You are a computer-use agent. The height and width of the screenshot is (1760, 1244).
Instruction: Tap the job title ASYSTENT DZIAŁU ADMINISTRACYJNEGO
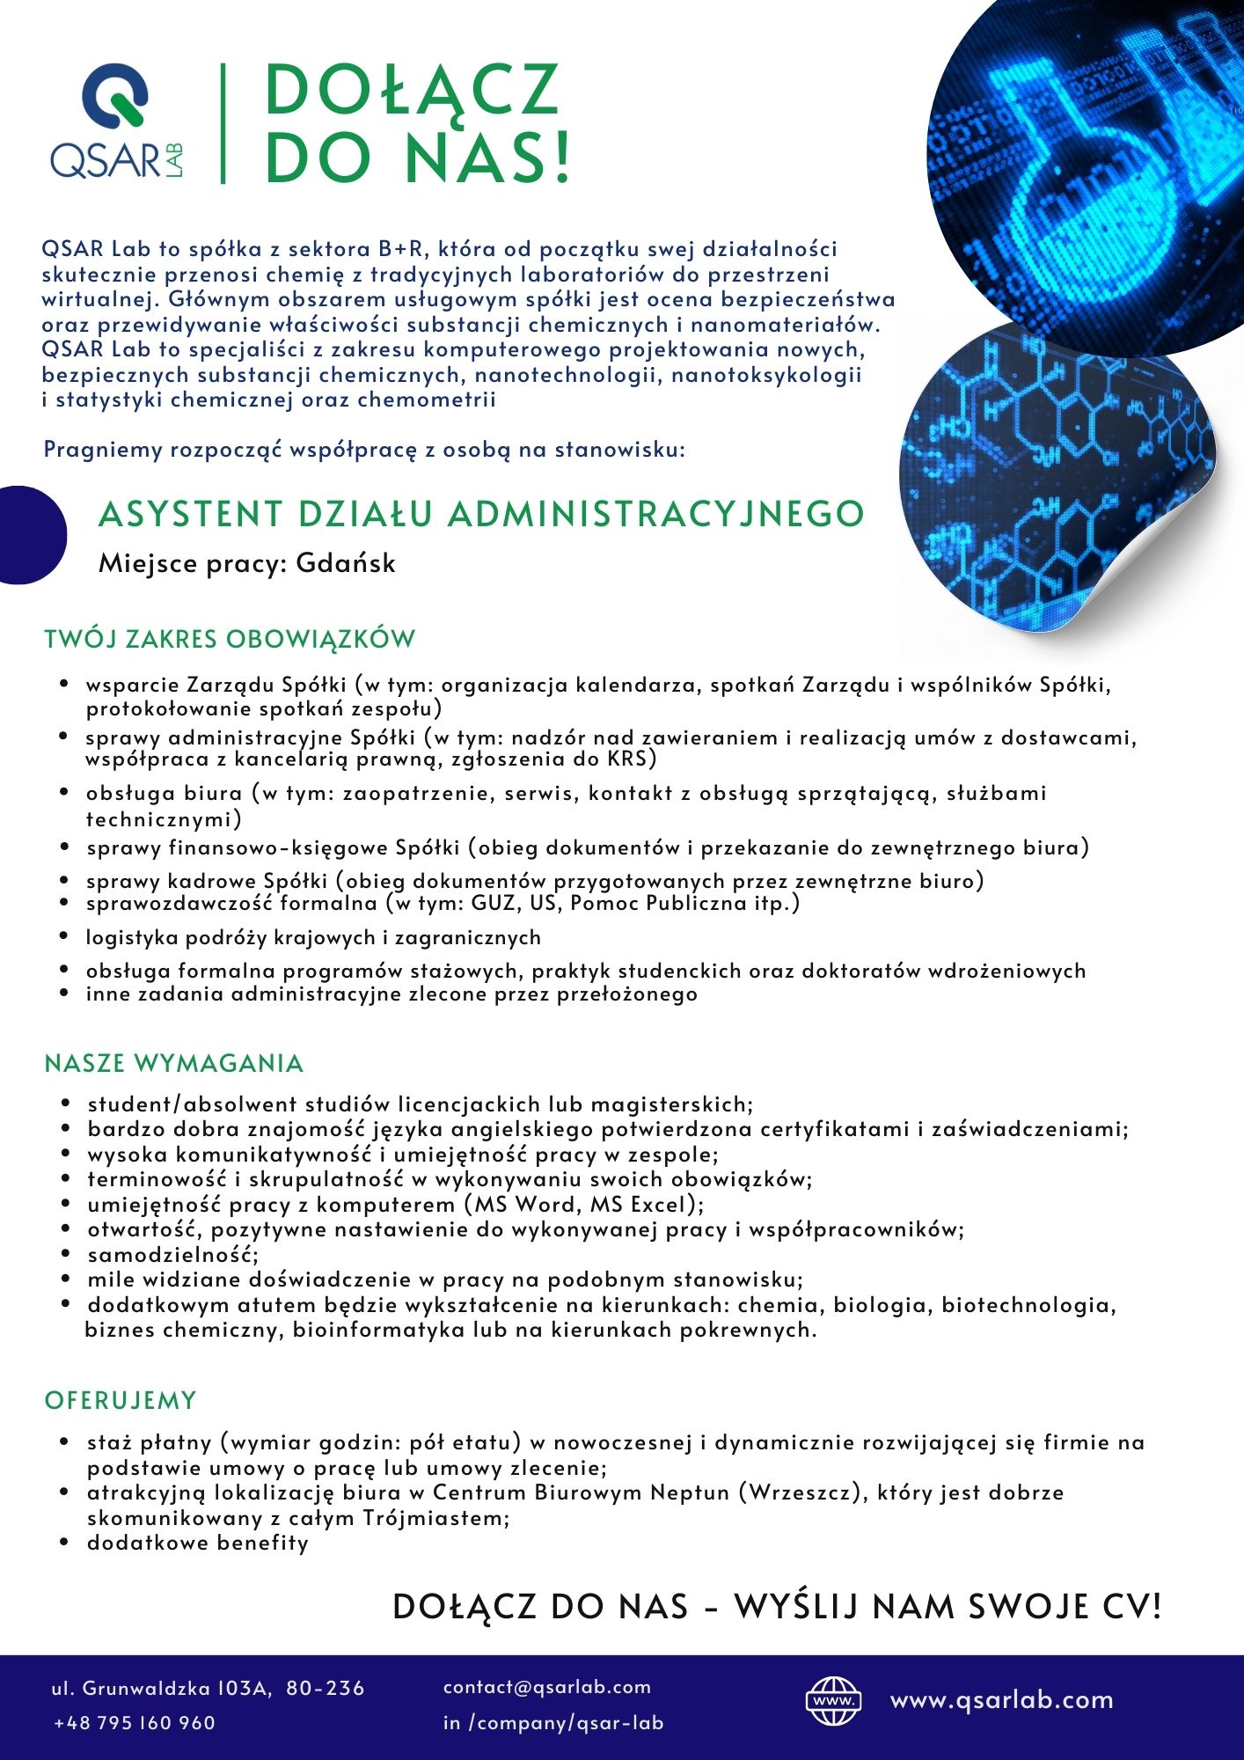click(x=481, y=514)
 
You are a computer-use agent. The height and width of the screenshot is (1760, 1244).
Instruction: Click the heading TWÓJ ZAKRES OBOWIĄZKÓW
click(x=230, y=639)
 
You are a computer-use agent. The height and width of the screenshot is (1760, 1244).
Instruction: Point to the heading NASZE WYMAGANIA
click(x=174, y=1063)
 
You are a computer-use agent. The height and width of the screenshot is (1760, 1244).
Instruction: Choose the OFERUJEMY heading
click(x=121, y=1400)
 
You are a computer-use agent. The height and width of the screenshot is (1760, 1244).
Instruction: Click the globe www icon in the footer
click(x=833, y=1700)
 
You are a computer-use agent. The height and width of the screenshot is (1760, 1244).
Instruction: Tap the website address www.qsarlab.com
click(x=1001, y=1699)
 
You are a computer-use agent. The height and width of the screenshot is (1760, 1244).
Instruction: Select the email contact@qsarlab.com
click(x=547, y=1687)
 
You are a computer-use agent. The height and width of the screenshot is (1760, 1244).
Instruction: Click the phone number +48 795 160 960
click(x=135, y=1722)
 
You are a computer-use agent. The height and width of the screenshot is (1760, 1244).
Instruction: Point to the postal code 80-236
click(x=326, y=1688)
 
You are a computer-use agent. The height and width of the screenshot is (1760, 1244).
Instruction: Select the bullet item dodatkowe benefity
click(x=198, y=1543)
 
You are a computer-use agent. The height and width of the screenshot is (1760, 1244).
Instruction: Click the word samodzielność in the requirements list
click(x=172, y=1255)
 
